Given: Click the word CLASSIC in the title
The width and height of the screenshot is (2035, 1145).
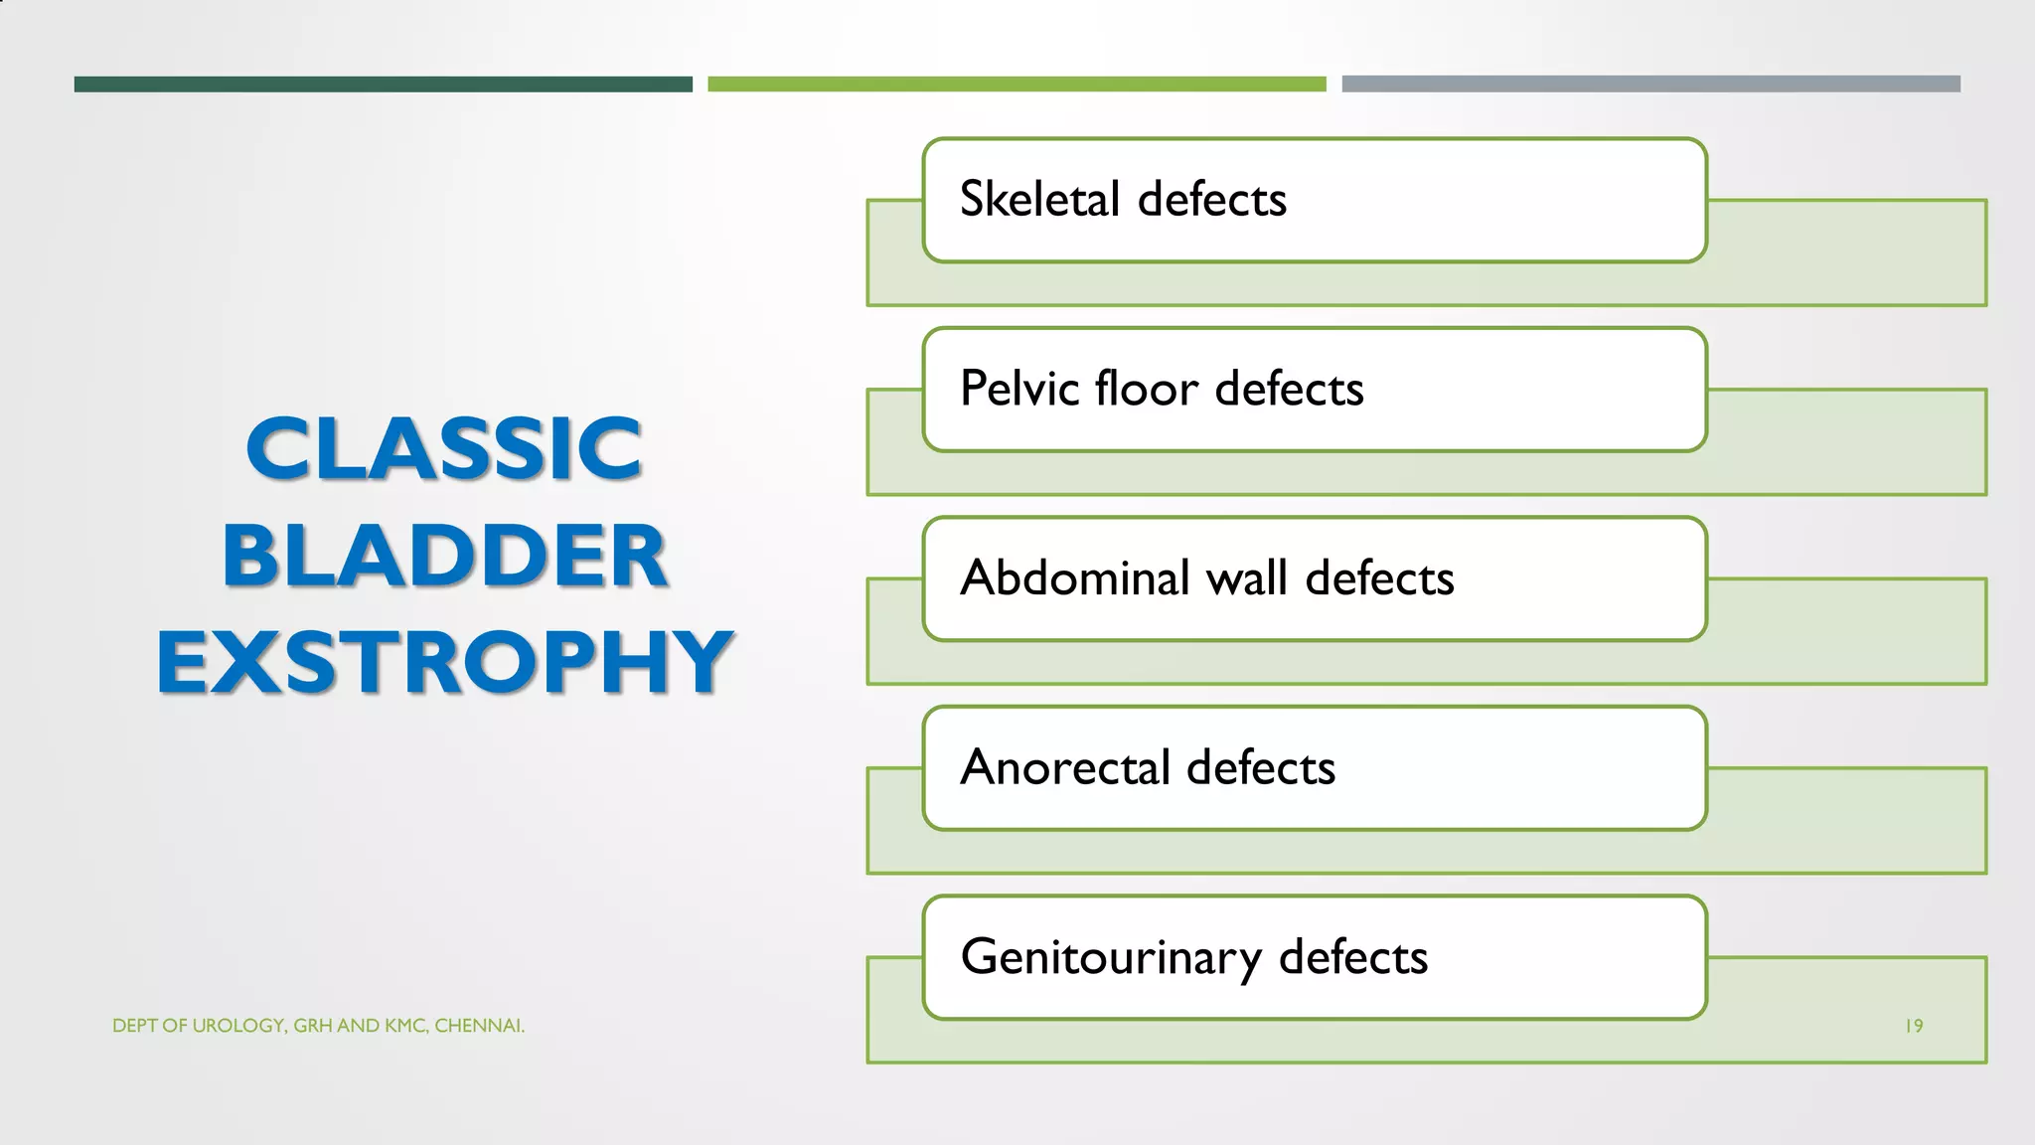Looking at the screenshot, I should click(x=444, y=449).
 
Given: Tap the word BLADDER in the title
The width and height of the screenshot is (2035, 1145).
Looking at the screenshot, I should click(x=444, y=556).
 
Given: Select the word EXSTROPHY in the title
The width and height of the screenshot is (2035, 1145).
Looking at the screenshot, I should click(x=444, y=662).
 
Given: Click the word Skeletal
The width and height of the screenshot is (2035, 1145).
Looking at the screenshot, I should click(x=1039, y=199).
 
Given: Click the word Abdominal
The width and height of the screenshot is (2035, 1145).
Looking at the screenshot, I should click(x=1075, y=578).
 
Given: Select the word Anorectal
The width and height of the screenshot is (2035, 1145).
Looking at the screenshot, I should click(x=1065, y=768).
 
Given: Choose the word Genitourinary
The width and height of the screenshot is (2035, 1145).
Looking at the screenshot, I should click(x=1110, y=958).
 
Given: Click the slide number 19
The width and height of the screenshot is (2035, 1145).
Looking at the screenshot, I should click(x=1914, y=1026).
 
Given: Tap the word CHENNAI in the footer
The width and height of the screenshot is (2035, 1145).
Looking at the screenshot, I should click(x=478, y=1026).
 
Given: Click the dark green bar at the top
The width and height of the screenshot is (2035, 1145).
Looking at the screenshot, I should click(x=383, y=84).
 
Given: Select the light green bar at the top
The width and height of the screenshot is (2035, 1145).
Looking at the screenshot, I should click(x=1017, y=84).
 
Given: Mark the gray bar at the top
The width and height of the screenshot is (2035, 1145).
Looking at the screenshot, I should click(x=1650, y=84).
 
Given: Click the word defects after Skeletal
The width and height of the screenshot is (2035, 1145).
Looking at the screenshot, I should click(x=1212, y=199).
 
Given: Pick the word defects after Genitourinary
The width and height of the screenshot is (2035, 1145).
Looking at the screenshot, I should click(x=1353, y=958).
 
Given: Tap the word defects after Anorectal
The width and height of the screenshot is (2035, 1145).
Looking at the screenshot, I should click(x=1261, y=768).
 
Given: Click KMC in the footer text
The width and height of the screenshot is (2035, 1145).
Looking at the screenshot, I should click(x=405, y=1026).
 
